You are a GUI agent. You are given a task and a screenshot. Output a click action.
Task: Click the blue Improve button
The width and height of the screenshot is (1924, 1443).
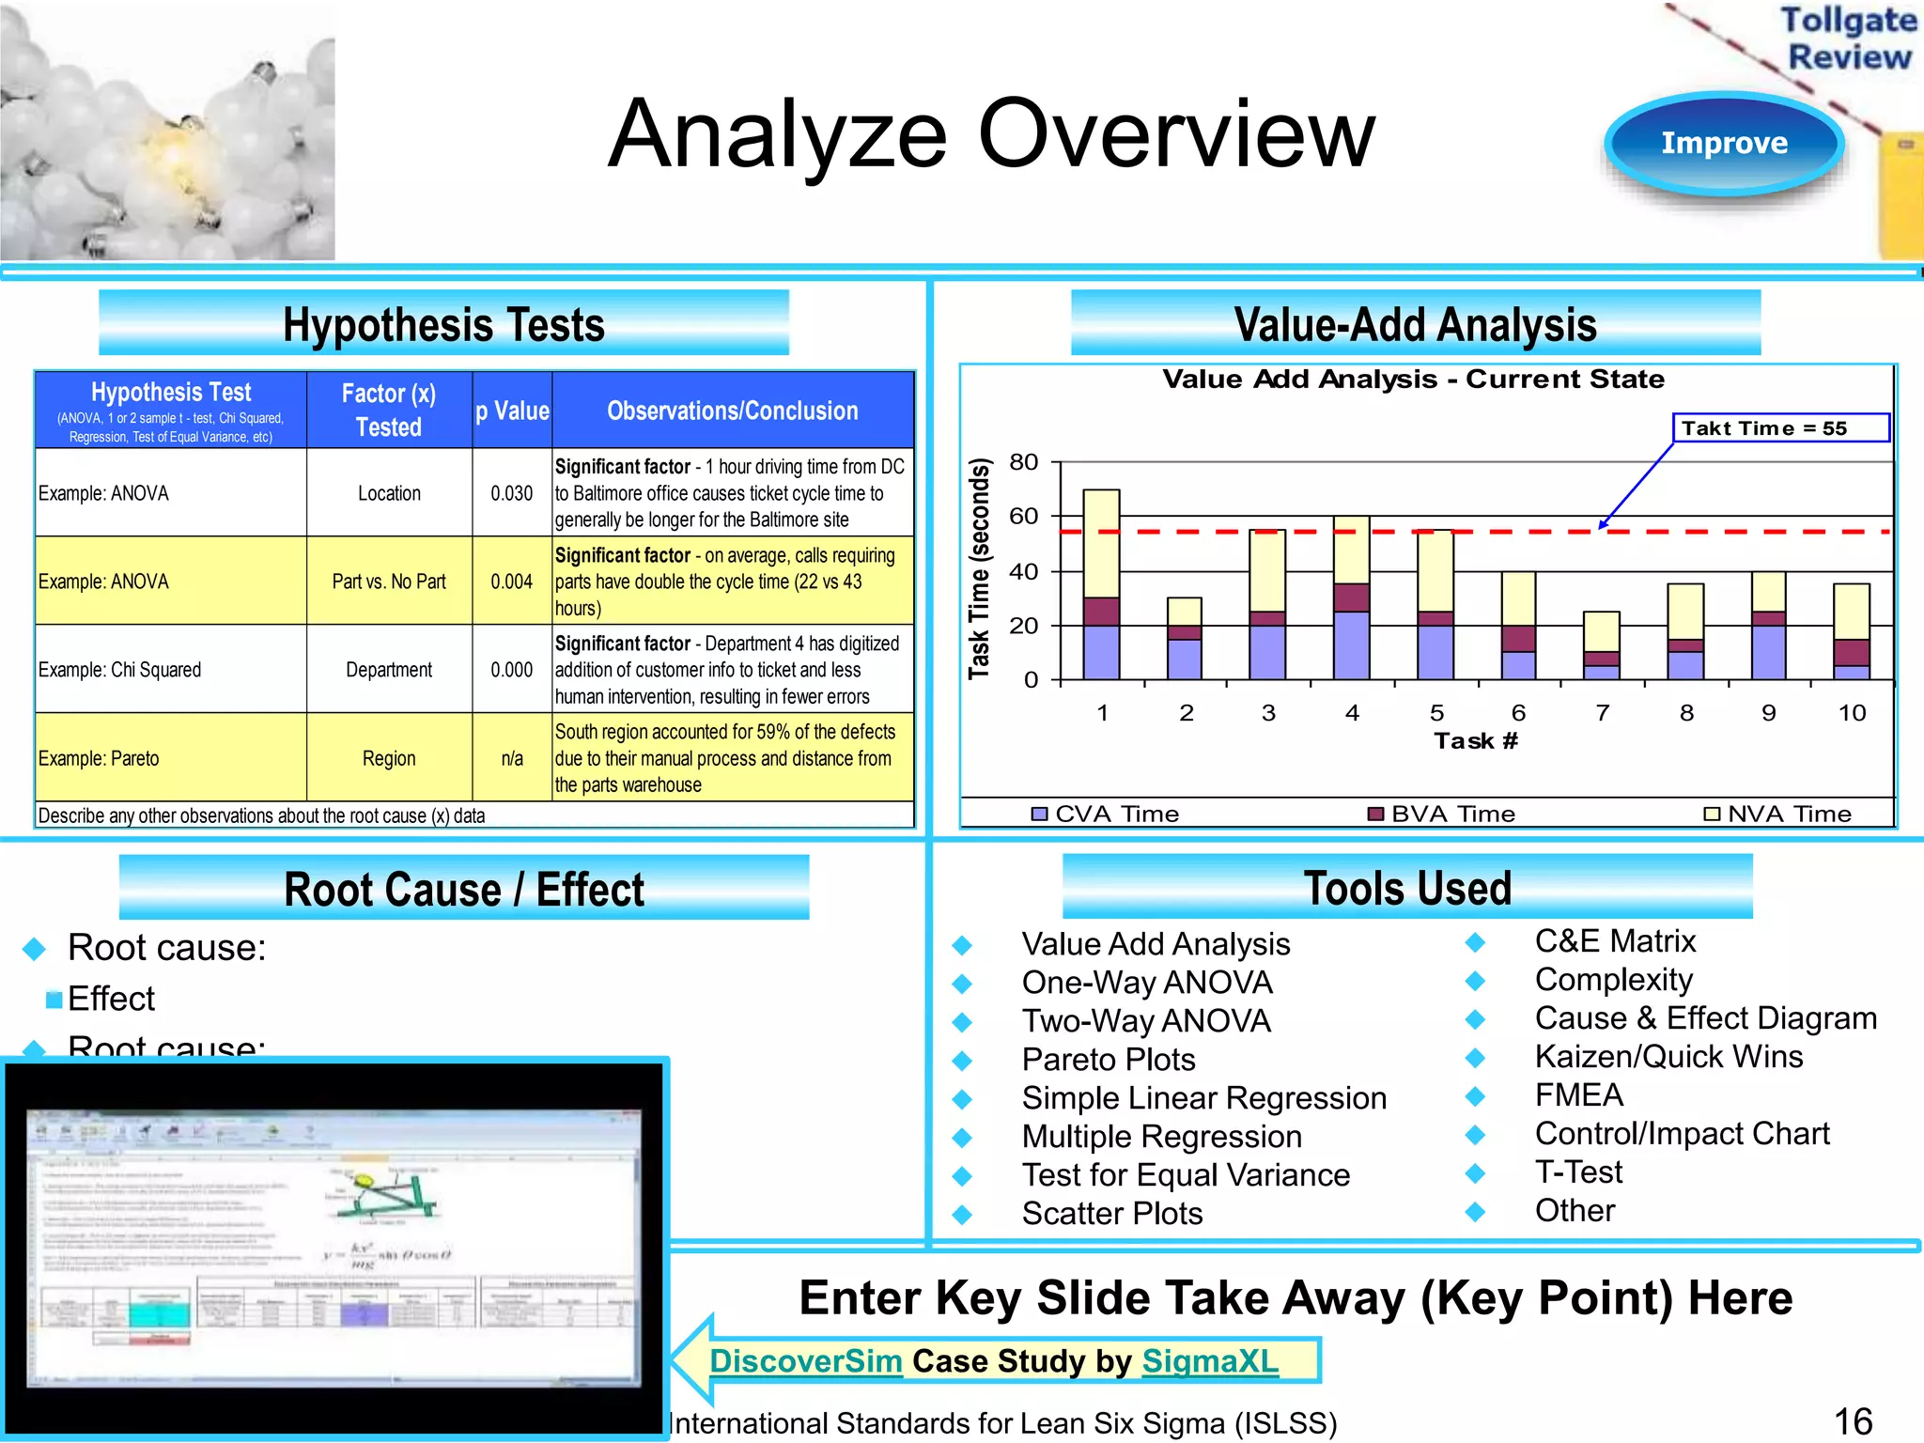pos(1724,143)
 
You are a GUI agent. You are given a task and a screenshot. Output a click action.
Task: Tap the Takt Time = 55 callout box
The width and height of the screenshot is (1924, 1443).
pos(1780,428)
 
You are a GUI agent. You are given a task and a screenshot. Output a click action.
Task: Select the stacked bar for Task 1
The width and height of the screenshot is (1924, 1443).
pos(1101,584)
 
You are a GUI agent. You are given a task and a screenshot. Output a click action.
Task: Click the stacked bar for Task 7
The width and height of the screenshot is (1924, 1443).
pos(1602,645)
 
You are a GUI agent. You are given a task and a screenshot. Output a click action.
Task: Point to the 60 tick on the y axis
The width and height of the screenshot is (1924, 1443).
pos(1023,516)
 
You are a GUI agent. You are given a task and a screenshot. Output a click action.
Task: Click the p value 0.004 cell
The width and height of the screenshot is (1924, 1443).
pos(511,582)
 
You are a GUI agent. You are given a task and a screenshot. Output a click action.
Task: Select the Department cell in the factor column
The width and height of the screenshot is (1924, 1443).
pos(389,670)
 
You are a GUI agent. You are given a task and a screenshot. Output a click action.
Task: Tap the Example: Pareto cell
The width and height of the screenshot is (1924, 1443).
pos(99,758)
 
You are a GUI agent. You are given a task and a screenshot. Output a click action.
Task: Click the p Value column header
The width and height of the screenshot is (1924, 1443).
pos(512,411)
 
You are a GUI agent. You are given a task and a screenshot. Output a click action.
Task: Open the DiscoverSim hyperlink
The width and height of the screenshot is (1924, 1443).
pos(805,1360)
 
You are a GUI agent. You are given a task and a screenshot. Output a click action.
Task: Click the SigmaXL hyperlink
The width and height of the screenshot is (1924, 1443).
pos(1210,1360)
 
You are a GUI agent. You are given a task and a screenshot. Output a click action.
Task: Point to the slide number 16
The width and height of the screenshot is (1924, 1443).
pos(1853,1421)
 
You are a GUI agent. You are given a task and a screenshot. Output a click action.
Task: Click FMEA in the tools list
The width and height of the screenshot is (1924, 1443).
pos(1578,1095)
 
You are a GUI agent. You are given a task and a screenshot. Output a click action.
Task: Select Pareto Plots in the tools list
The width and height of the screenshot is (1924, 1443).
pos(1109,1060)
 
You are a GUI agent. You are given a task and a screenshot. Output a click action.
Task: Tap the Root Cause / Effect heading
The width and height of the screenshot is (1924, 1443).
pos(464,889)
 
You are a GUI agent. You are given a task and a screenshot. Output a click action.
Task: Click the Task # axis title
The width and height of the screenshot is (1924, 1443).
pos(1475,741)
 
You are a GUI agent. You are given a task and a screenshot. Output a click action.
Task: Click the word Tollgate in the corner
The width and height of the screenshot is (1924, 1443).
pos(1848,20)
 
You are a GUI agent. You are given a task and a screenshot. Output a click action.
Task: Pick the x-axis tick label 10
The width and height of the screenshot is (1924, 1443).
pos(1852,713)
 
